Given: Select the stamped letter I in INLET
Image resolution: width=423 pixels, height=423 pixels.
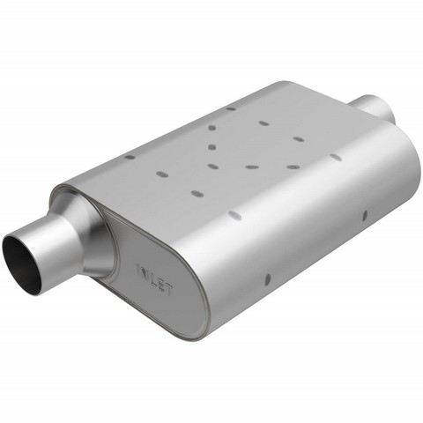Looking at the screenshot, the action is tap(138, 269).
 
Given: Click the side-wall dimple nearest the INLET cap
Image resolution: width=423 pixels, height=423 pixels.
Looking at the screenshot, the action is tap(268, 279).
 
